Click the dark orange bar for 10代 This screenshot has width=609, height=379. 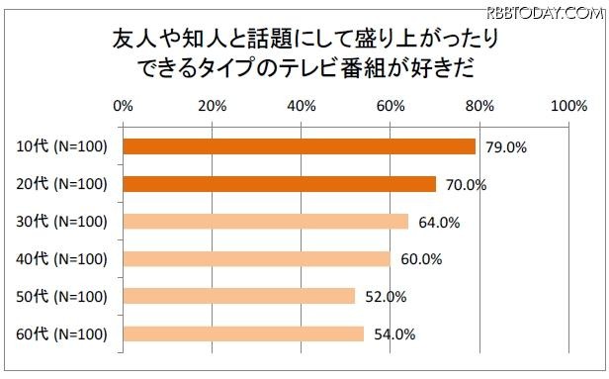click(x=300, y=146)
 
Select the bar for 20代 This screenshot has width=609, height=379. click(x=280, y=184)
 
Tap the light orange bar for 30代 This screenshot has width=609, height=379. click(x=266, y=222)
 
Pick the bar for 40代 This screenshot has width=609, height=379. click(x=257, y=258)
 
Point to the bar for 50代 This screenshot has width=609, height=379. click(x=239, y=296)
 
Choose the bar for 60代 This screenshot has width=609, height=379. click(x=244, y=333)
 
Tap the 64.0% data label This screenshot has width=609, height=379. click(x=438, y=223)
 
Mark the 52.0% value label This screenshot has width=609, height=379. click(x=385, y=297)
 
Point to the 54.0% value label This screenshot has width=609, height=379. click(x=393, y=334)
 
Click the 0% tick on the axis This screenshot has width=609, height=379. click(x=124, y=106)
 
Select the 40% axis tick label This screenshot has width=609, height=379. click(x=301, y=106)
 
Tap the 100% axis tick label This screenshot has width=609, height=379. click(x=567, y=106)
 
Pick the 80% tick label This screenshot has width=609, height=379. click(x=479, y=106)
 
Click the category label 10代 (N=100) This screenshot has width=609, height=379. click(x=61, y=147)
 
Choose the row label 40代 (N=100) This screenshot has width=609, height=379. click(x=61, y=259)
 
